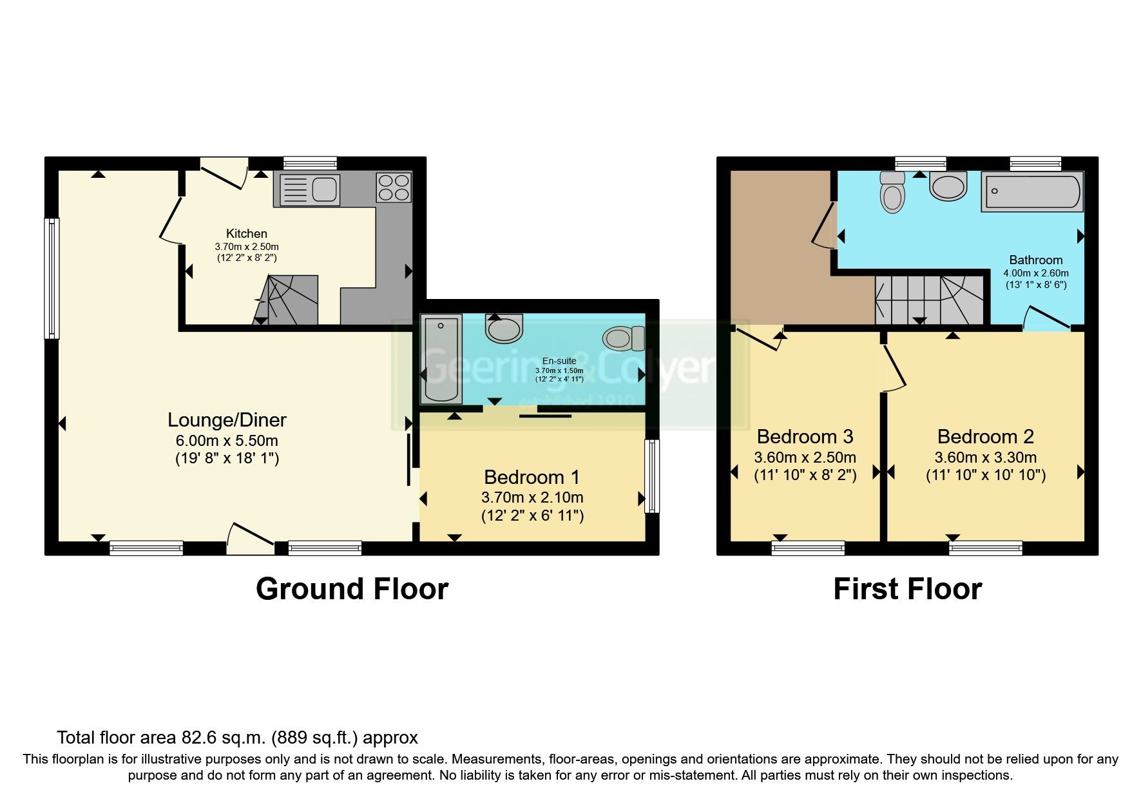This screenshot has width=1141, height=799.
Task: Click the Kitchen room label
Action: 246,233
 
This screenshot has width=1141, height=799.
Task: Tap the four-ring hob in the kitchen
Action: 394,188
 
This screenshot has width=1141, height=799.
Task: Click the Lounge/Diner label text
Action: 227,420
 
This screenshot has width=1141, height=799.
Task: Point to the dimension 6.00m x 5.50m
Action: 227,441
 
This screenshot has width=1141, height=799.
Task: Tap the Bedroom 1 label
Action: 532,477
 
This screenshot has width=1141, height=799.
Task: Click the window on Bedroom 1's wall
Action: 652,476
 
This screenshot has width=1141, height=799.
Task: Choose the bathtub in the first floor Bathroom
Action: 1031,191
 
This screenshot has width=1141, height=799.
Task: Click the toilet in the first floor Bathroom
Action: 892,193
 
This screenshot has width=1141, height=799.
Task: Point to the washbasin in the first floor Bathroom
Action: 948,186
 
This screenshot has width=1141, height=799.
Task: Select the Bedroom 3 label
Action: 805,437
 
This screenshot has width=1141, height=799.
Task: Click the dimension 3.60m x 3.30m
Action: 985,458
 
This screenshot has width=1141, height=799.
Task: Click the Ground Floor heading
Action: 352,589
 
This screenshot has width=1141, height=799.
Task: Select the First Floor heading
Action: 907,589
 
